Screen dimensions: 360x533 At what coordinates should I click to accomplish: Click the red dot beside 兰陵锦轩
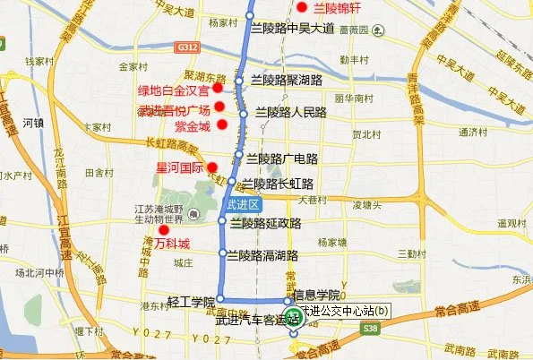[x=303, y=8]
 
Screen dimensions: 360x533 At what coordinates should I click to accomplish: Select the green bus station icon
[x=293, y=328]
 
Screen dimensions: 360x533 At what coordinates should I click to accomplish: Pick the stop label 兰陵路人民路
[x=290, y=113]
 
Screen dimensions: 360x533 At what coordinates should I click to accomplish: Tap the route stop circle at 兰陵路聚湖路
[x=239, y=81]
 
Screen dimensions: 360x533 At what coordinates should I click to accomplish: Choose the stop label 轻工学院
[x=192, y=302]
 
